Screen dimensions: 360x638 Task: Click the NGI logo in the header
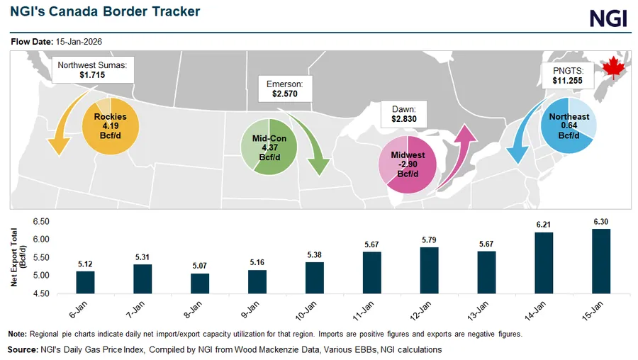[x=609, y=18]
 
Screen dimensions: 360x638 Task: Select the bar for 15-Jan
[x=601, y=260]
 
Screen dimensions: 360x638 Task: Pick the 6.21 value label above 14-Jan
[x=544, y=224]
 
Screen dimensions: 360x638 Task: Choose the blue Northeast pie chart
[x=568, y=126]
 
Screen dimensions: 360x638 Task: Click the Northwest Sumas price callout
[x=93, y=69]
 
